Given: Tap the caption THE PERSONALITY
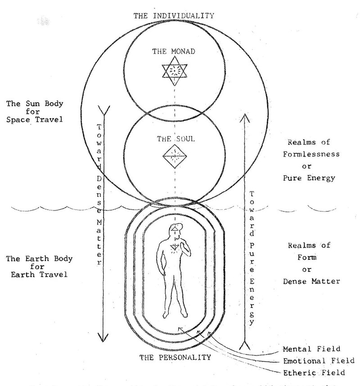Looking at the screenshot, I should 173,358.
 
